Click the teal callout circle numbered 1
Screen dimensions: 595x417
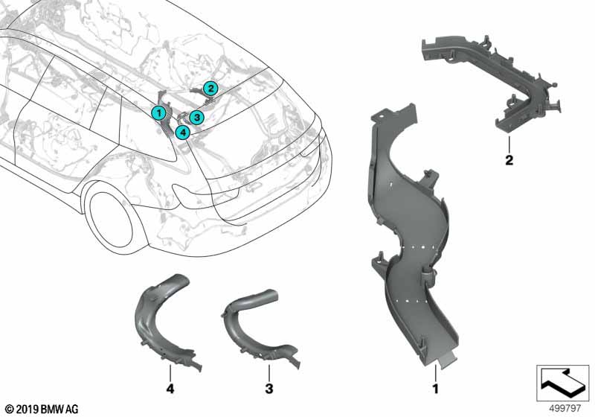158,112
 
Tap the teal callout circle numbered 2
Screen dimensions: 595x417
210,89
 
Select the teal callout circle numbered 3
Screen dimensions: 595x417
196,117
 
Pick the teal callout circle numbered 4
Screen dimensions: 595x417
183,132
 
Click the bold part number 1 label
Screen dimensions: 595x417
435,389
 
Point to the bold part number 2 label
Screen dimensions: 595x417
509,160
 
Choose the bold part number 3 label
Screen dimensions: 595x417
269,389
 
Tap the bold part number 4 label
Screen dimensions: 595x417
170,389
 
